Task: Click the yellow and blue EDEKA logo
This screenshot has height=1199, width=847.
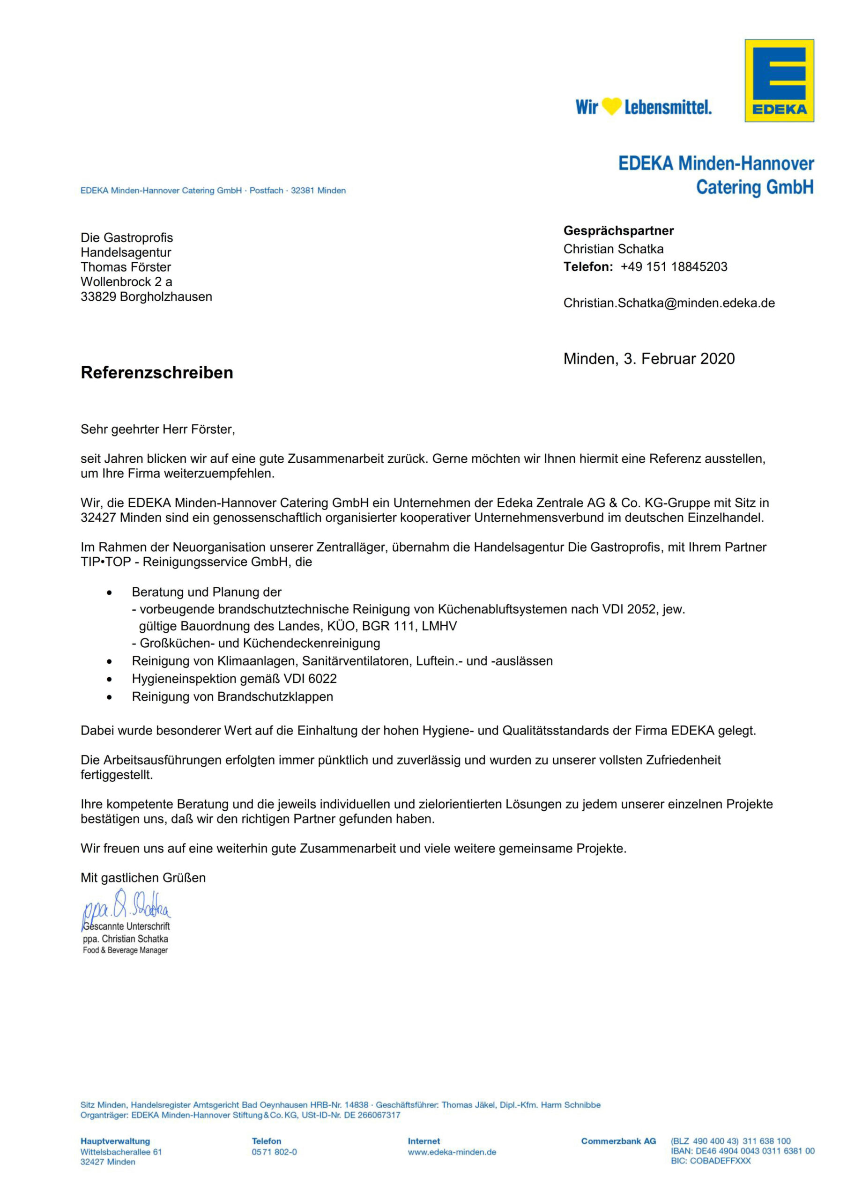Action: (779, 81)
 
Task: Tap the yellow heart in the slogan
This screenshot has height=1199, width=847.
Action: (611, 106)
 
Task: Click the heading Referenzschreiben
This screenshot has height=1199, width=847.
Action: (156, 372)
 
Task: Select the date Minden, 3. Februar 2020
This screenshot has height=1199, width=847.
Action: (648, 359)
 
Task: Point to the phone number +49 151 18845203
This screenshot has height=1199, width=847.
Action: (674, 267)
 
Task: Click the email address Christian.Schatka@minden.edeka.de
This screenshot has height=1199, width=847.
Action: (669, 303)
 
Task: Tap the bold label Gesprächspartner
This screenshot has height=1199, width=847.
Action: (618, 230)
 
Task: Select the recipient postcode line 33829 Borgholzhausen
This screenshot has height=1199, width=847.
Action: (146, 296)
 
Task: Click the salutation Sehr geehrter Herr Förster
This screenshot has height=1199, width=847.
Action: (158, 429)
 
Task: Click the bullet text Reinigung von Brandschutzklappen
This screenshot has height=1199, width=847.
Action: (232, 696)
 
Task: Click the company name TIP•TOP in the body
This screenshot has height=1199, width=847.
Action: (105, 562)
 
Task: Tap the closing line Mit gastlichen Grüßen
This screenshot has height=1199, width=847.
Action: (143, 877)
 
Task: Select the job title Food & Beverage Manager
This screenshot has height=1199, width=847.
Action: (126, 950)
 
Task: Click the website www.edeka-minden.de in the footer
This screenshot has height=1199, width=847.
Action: (452, 1152)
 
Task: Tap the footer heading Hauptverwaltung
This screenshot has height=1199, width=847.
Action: (115, 1141)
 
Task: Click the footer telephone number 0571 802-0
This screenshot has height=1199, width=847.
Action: (274, 1152)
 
